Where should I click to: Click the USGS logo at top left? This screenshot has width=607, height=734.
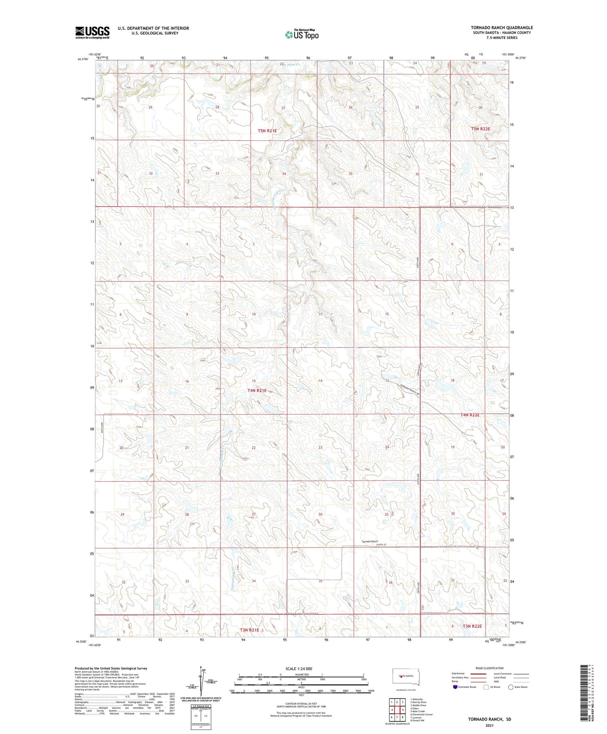pyautogui.click(x=92, y=32)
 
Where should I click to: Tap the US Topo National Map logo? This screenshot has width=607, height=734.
pyautogui.click(x=301, y=34)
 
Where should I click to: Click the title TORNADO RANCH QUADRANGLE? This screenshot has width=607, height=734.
pyautogui.click(x=502, y=28)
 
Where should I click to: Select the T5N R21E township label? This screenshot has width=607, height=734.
pyautogui.click(x=267, y=131)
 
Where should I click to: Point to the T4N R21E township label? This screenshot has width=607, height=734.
pyautogui.click(x=257, y=390)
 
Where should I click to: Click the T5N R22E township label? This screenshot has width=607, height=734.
pyautogui.click(x=480, y=129)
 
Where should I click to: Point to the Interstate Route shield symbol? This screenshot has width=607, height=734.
pyautogui.click(x=455, y=687)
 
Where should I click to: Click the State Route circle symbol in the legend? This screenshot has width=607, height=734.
pyautogui.click(x=511, y=687)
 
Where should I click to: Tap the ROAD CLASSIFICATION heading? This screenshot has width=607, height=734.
pyautogui.click(x=490, y=668)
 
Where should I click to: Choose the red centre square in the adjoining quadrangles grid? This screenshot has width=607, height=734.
pyautogui.click(x=397, y=709)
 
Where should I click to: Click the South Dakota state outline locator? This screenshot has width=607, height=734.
pyautogui.click(x=406, y=676)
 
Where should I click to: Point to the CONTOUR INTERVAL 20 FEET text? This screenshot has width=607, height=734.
pyautogui.click(x=301, y=704)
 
